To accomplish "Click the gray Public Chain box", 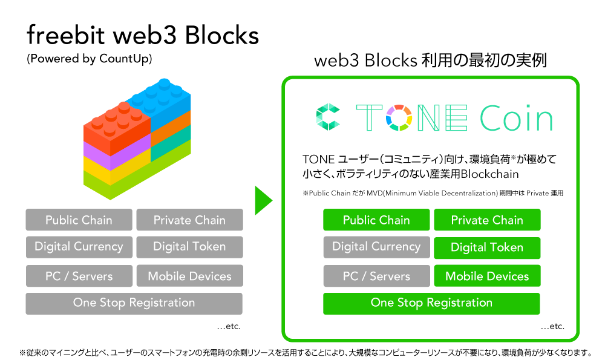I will [79, 220].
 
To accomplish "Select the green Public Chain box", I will [376, 220].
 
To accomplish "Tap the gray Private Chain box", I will [189, 220].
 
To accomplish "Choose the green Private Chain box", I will [487, 220].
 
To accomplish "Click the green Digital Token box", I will [487, 247].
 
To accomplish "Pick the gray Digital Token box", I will [189, 247].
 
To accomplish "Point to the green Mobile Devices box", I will [487, 276].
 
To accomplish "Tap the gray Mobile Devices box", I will [189, 276].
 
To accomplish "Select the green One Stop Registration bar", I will [431, 303].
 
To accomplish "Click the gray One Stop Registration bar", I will [134, 303].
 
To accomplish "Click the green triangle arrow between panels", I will [263, 200].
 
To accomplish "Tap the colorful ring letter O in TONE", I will [399, 118].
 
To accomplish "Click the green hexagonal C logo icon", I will [329, 118].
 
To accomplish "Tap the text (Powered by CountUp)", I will [89, 59].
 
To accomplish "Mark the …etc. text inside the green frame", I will [552, 326].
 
